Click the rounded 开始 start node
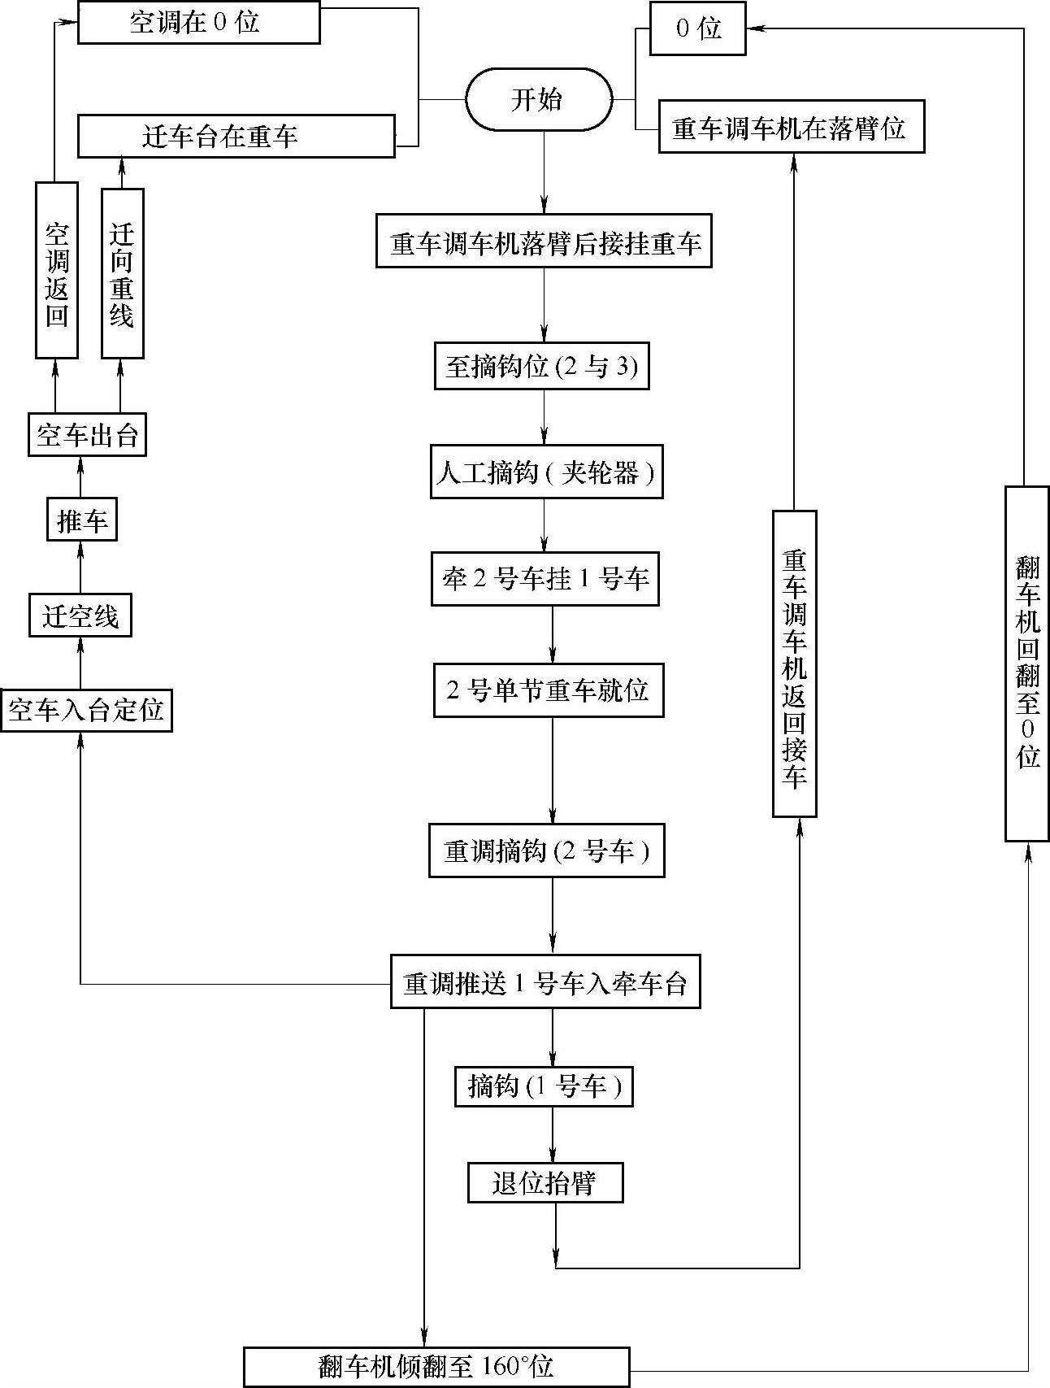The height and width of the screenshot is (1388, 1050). [x=538, y=99]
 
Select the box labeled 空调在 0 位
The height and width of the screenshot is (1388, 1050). [x=198, y=23]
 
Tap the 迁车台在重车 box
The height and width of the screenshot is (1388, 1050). [x=236, y=136]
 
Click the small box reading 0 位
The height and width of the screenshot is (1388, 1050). [x=697, y=29]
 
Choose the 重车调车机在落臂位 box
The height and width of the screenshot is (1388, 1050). [x=791, y=127]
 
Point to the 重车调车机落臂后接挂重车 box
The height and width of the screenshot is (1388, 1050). [x=544, y=241]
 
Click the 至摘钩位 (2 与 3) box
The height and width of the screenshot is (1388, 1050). [x=541, y=366]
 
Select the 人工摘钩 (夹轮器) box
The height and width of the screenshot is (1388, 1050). [x=546, y=472]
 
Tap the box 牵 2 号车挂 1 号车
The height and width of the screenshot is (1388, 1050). [x=545, y=579]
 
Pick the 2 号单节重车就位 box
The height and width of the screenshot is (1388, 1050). [x=549, y=690]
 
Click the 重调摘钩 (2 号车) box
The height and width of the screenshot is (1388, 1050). [x=546, y=851]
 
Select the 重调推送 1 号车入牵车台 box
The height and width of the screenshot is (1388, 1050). [x=545, y=983]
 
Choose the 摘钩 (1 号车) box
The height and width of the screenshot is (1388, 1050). [x=544, y=1086]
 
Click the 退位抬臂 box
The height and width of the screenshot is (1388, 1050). [x=545, y=1182]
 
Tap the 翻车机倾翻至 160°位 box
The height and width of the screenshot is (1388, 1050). [x=436, y=1366]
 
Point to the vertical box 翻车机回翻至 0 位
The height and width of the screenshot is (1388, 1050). [x=1027, y=664]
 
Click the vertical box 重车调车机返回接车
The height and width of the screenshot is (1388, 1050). [x=794, y=664]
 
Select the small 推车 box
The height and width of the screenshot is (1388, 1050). [x=81, y=520]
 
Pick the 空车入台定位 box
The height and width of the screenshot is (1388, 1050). [x=86, y=710]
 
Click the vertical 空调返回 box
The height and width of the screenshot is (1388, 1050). [x=57, y=270]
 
